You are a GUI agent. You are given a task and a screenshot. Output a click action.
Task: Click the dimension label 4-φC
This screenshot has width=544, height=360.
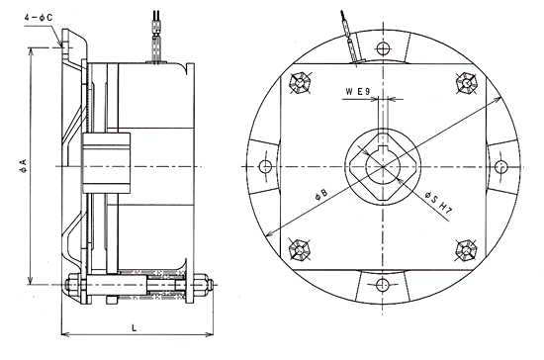[39, 18]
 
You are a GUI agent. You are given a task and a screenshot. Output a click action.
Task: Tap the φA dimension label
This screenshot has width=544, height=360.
[24, 166]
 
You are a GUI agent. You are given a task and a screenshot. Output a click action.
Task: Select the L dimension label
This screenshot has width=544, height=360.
[135, 327]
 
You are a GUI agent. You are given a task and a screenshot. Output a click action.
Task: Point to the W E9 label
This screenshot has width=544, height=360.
[358, 91]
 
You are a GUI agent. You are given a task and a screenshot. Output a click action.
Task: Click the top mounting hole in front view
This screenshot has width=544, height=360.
[383, 48]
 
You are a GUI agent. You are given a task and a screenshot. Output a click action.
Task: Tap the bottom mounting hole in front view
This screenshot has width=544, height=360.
[383, 285]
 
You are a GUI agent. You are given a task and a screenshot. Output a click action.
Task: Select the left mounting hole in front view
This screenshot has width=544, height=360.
[265, 166]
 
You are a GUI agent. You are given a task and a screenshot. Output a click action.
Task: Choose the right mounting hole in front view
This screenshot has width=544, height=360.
[500, 166]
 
